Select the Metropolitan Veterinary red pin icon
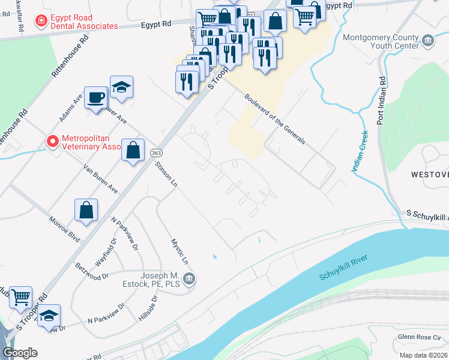pyautogui.click(x=52, y=142)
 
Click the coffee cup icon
pyautogui.click(x=95, y=97)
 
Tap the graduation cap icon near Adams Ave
pyautogui.click(x=121, y=88)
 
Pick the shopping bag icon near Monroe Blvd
pyautogui.click(x=86, y=210)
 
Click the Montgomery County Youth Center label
pyautogui.click(x=380, y=41)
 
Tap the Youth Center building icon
pyautogui.click(x=427, y=41)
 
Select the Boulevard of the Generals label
pyautogui.click(x=274, y=119)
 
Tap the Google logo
pyautogui.click(x=20, y=353)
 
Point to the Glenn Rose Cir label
pyautogui.click(x=420, y=337)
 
